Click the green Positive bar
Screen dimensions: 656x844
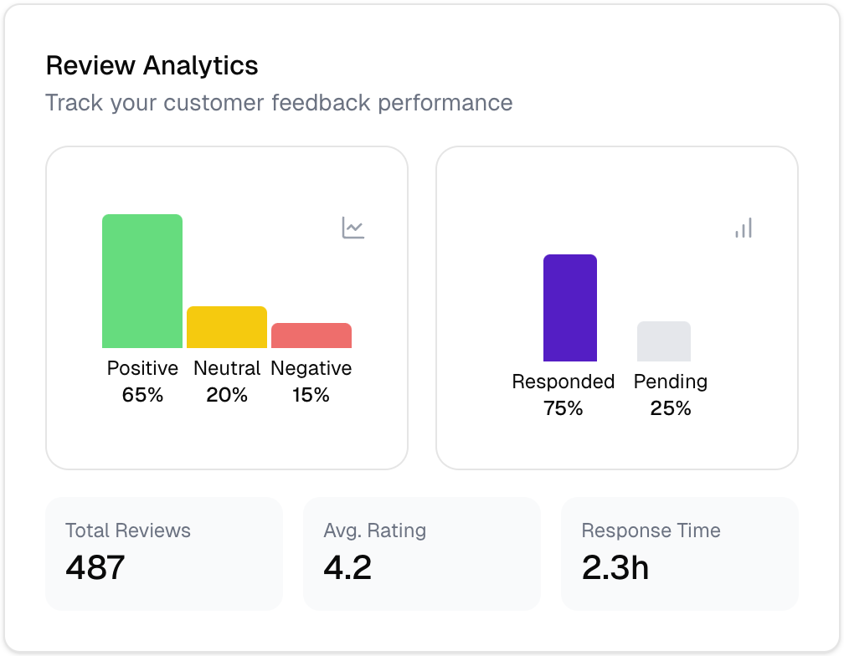coord(142,281)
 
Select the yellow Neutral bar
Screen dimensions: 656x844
coord(227,327)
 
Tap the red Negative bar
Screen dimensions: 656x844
coord(311,336)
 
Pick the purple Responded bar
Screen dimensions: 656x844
coord(570,308)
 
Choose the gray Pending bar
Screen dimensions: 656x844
coord(664,341)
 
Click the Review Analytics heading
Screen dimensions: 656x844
coord(152,65)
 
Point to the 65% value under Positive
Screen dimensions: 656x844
coord(142,395)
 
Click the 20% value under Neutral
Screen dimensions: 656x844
coord(227,395)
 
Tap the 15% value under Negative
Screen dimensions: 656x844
coord(311,395)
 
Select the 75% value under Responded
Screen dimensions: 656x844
coord(564,408)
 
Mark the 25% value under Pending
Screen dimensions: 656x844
coord(671,408)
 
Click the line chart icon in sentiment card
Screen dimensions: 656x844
coord(353,228)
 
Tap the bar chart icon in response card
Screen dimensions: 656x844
coord(744,228)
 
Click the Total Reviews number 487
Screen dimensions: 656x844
coord(95,567)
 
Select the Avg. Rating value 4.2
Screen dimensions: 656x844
coord(347,567)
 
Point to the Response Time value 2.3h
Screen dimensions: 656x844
coord(615,567)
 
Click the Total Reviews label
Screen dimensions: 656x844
coord(128,530)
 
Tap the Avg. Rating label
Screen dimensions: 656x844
coord(375,530)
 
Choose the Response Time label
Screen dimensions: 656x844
coord(651,530)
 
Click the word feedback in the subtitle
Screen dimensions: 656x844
coord(321,103)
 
